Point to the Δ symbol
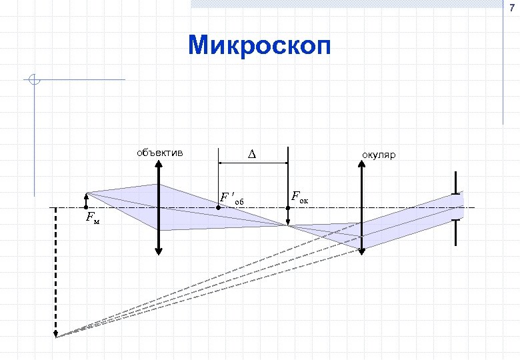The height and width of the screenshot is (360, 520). tap(252, 155)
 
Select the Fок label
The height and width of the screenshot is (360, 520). tap(300, 197)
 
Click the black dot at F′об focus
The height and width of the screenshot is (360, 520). tap(219, 208)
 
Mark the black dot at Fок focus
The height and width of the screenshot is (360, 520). tap(287, 208)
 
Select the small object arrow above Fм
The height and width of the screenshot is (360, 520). tap(86, 201)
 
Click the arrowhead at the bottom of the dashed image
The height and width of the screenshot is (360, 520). tap(55, 333)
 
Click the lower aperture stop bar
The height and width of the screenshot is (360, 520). tap(456, 232)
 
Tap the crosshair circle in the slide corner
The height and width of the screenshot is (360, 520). tap(35, 80)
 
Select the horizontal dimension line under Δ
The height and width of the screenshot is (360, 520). tap(253, 163)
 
